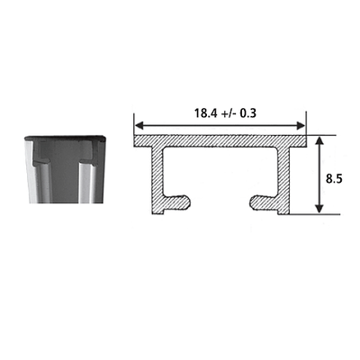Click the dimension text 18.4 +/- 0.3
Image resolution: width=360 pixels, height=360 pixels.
225,113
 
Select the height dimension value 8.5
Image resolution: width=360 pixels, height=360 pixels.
334,179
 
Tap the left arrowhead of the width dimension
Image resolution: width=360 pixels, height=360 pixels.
139,126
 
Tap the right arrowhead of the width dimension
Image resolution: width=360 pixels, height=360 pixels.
301,126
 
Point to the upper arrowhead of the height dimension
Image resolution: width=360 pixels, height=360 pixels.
319,140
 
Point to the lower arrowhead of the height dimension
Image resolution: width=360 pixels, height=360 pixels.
319,209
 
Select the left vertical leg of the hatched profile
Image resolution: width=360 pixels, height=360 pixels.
157,180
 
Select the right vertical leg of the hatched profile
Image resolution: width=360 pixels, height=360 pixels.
283,180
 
